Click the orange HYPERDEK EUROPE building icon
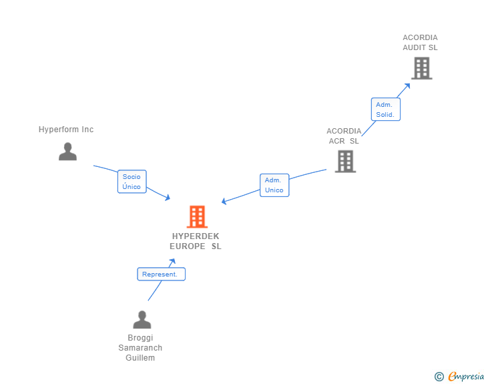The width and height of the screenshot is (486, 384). pyautogui.click(x=197, y=216)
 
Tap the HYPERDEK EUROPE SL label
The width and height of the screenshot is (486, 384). pyautogui.click(x=196, y=241)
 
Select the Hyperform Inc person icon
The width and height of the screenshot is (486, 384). pyautogui.click(x=67, y=152)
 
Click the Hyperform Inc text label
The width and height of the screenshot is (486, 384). pyautogui.click(x=66, y=130)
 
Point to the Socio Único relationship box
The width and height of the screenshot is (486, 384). pyautogui.click(x=132, y=182)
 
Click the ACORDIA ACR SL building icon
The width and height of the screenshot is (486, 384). pyautogui.click(x=345, y=161)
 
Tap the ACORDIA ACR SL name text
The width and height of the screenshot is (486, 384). pyautogui.click(x=344, y=136)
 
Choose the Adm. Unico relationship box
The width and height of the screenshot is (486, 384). pyautogui.click(x=274, y=185)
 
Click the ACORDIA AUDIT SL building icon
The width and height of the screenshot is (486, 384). pyautogui.click(x=421, y=67)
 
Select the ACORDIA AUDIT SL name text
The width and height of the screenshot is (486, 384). pyautogui.click(x=420, y=43)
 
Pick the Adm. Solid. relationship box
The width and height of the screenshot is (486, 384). pyautogui.click(x=385, y=110)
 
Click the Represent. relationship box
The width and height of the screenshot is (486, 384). pyautogui.click(x=161, y=274)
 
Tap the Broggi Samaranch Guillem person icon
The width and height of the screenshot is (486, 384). pyautogui.click(x=142, y=320)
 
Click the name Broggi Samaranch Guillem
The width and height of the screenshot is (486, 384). pyautogui.click(x=140, y=348)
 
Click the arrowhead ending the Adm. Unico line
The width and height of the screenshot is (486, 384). pyautogui.click(x=224, y=201)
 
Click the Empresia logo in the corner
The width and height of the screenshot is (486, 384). pyautogui.click(x=466, y=377)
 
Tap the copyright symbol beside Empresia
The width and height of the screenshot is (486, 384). pyautogui.click(x=439, y=377)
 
